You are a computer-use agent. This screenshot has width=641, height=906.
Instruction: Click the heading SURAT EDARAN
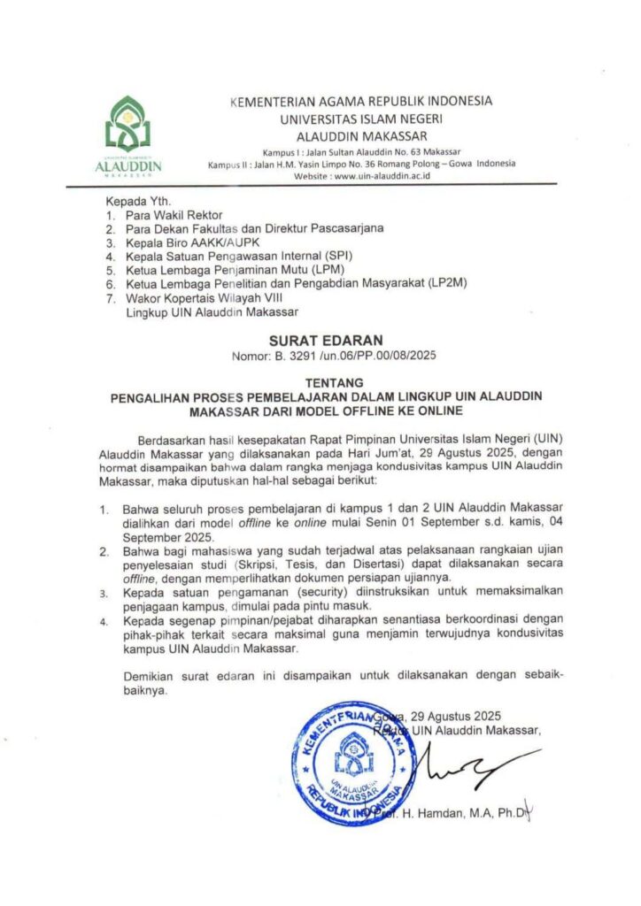(320, 340)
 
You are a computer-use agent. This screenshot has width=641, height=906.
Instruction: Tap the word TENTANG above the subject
(320, 382)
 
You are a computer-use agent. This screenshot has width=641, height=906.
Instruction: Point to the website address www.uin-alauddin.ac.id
(382, 175)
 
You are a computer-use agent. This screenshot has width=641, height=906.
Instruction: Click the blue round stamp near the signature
(346, 764)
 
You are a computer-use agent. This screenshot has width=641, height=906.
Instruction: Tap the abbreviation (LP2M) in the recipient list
(448, 284)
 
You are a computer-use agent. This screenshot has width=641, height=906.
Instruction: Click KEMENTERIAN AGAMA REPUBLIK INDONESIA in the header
(360, 101)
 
